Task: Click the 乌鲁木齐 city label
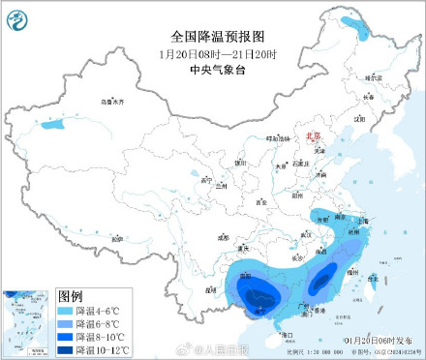(x=113, y=102)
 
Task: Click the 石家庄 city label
(x=299, y=164)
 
